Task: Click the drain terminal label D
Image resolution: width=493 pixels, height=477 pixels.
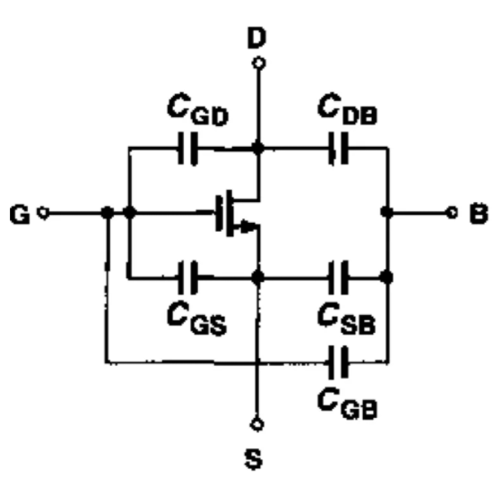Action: tap(257, 38)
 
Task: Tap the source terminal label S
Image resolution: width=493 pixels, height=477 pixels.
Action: tap(254, 459)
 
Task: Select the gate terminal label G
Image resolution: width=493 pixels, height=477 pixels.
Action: tap(20, 214)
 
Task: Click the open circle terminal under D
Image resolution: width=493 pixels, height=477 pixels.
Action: tap(258, 63)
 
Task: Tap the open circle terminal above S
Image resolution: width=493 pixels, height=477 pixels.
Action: tap(257, 424)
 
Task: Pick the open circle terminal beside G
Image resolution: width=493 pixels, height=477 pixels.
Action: tap(43, 213)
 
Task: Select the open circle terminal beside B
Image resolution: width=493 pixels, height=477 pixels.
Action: tap(452, 213)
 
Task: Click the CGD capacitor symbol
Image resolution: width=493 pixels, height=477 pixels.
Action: tap(188, 149)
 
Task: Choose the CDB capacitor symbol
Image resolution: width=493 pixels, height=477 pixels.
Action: tap(339, 149)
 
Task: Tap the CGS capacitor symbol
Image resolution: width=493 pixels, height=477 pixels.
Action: tap(188, 277)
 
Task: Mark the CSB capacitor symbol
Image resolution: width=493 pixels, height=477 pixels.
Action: tap(339, 277)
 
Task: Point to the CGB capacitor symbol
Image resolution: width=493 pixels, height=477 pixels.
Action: tap(339, 362)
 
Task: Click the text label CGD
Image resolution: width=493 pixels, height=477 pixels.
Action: tap(198, 109)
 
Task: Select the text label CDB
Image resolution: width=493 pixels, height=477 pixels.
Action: tap(348, 108)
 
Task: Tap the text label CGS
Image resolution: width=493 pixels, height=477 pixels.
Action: tap(197, 319)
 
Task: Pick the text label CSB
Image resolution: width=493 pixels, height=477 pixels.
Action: tap(347, 318)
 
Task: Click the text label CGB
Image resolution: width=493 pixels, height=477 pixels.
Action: tap(348, 403)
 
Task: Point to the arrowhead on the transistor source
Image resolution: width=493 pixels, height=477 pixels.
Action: tap(249, 226)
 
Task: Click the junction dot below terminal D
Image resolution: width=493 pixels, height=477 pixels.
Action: tap(258, 148)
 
